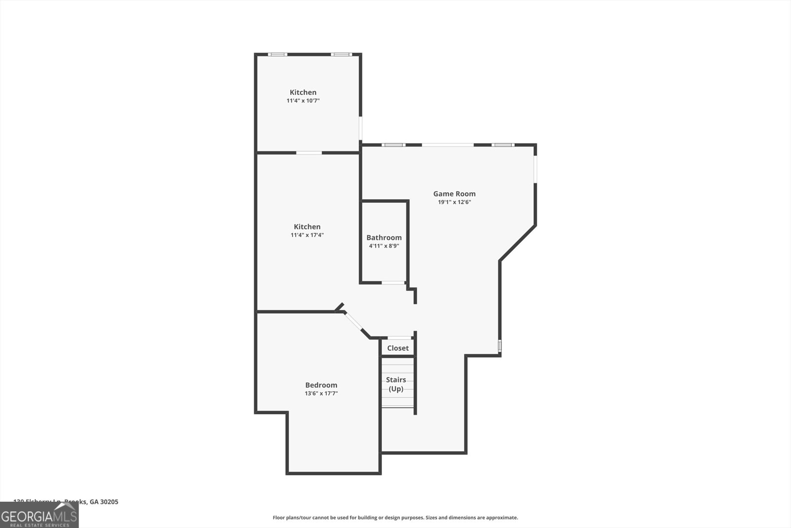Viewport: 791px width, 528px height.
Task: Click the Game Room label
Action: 454,194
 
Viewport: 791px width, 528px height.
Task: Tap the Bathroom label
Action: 384,238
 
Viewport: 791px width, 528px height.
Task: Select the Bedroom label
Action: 321,385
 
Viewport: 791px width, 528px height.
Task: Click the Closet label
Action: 398,348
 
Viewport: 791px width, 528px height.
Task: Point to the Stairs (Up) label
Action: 396,384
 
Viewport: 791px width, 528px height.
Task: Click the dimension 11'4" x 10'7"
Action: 303,100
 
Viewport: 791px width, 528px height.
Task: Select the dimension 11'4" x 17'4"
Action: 307,235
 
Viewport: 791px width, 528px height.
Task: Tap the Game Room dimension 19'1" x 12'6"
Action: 454,202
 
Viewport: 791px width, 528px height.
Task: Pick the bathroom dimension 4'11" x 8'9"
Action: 384,245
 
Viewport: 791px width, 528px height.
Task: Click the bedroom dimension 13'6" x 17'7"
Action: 321,393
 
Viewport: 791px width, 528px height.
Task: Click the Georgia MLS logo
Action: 39,515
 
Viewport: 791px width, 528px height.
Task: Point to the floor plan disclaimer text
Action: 395,518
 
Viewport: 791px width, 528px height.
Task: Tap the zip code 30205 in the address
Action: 109,502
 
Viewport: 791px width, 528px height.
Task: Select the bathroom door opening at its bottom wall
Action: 394,283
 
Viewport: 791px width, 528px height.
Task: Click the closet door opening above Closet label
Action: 399,338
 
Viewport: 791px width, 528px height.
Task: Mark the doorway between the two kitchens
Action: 309,152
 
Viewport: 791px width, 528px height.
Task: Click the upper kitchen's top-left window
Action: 278,54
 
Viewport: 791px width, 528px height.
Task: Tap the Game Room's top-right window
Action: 503,145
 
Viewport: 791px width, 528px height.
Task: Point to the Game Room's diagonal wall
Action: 518,243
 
